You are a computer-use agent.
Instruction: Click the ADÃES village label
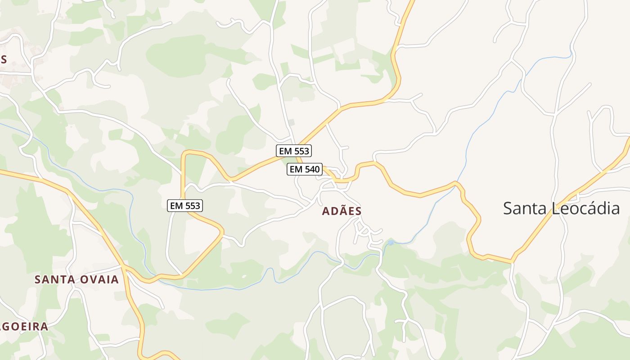point(342,211)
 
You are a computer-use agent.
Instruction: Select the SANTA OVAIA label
point(76,279)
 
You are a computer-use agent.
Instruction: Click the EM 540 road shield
point(305,169)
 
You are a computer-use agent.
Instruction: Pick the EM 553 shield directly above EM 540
point(294,151)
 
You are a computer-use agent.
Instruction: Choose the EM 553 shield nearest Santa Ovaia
point(185,206)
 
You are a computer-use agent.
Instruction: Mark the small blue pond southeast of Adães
point(391,243)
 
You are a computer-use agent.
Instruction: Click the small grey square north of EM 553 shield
point(292,122)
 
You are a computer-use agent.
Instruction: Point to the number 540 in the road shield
point(311,169)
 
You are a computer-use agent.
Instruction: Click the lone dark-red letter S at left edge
point(4,59)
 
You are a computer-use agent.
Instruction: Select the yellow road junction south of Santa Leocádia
point(512,261)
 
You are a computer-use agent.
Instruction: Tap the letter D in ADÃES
point(333,211)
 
